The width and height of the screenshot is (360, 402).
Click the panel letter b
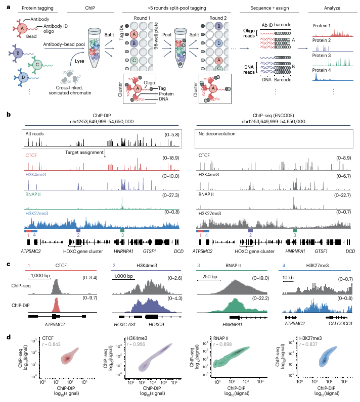[9, 115]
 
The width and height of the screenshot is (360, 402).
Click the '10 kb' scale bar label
[288, 276]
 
